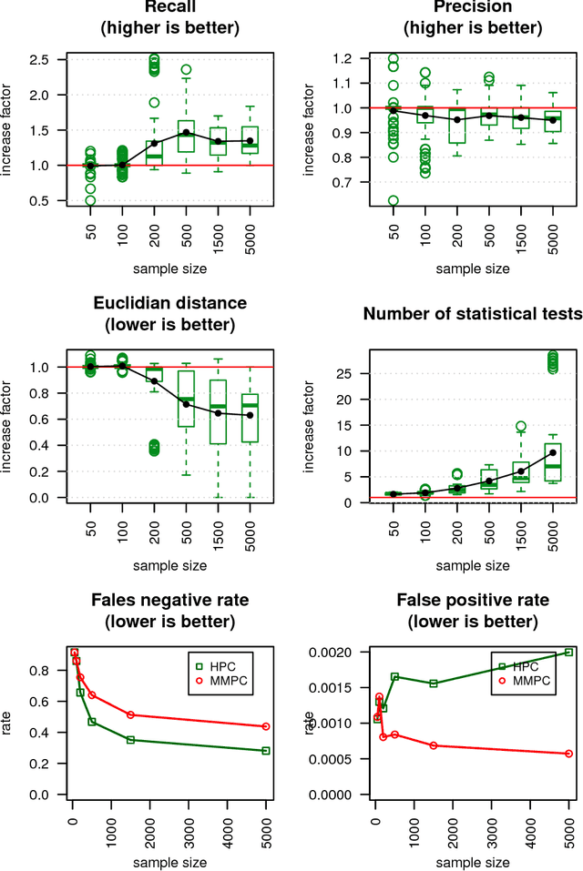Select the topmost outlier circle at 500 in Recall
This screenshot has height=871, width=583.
(186, 69)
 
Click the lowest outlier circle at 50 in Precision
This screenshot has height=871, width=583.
(393, 200)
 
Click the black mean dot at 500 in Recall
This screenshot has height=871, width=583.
(186, 132)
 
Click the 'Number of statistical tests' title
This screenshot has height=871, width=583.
(472, 314)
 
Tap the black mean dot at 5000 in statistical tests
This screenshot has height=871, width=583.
(552, 452)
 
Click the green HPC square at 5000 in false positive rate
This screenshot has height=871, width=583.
(568, 652)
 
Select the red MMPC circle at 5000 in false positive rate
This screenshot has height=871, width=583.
(568, 754)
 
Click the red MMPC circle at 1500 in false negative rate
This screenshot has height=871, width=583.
(130, 715)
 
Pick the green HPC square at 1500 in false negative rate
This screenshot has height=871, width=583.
(130, 740)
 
